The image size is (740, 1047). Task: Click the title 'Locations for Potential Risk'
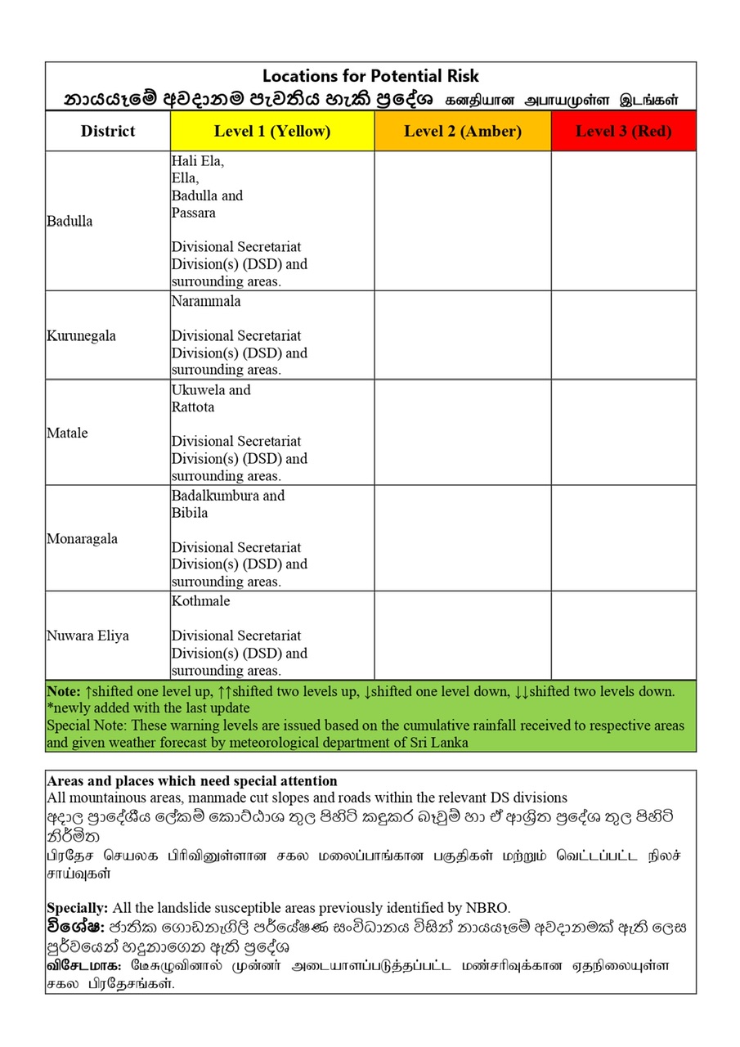pyautogui.click(x=370, y=76)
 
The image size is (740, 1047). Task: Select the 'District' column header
pyautogui.click(x=108, y=132)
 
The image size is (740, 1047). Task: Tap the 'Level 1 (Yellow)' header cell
pyautogui.click(x=272, y=132)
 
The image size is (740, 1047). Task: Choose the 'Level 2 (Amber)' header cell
pyautogui.click(x=463, y=132)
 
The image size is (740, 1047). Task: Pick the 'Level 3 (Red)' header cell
pyautogui.click(x=623, y=132)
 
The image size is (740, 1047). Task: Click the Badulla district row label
pyautogui.click(x=70, y=222)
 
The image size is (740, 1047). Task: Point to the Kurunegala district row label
pyautogui.click(x=82, y=336)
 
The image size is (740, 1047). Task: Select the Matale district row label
pyautogui.click(x=68, y=433)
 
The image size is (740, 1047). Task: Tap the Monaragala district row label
pyautogui.click(x=83, y=539)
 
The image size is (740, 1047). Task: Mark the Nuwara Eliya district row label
pyautogui.click(x=88, y=636)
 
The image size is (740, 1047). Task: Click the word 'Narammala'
pyautogui.click(x=206, y=301)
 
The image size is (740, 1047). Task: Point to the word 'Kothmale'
pyautogui.click(x=201, y=601)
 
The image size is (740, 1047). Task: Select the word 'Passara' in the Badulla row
pyautogui.click(x=193, y=213)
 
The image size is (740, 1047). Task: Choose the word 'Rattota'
pyautogui.click(x=193, y=407)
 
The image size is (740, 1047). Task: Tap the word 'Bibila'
pyautogui.click(x=190, y=513)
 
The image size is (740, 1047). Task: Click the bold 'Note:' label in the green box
pyautogui.click(x=64, y=691)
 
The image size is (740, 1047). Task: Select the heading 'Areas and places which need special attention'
pyautogui.click(x=192, y=781)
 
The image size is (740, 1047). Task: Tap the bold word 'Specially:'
pyautogui.click(x=78, y=908)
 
